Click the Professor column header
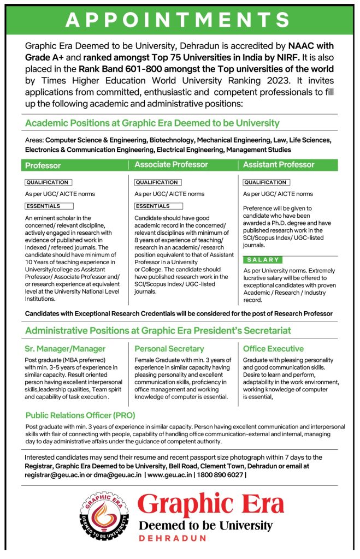[43, 165]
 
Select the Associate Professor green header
[171, 164]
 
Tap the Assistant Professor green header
[279, 164]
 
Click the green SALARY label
[263, 260]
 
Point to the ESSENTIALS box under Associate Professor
[152, 206]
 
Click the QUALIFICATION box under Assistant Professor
[266, 182]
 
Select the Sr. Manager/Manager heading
[65, 348]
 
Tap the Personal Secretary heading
[169, 348]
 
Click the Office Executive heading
[273, 348]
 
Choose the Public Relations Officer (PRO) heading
[80, 415]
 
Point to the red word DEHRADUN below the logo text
[172, 538]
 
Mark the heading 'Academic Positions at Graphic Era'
[152, 123]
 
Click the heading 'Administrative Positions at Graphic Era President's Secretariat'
[158, 330]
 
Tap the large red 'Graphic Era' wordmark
[210, 504]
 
